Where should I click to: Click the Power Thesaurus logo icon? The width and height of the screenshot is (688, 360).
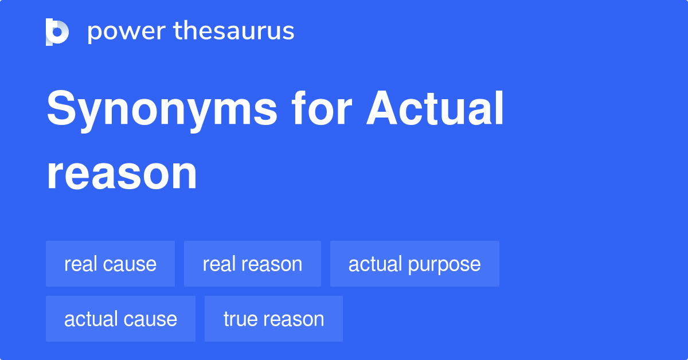pos(57,32)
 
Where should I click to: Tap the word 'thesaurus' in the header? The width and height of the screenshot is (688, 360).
pos(234,32)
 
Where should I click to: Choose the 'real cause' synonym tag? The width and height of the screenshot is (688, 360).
pos(110,264)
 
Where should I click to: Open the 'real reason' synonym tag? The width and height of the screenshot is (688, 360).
pos(252,264)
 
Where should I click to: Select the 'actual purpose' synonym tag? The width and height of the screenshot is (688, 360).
pos(415,264)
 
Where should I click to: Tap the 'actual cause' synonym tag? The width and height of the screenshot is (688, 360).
pos(120,319)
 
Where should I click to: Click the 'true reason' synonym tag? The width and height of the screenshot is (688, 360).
pos(273,319)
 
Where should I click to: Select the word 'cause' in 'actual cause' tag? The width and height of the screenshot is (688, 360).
pos(151,319)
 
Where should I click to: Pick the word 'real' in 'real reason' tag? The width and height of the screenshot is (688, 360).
pos(216,264)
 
